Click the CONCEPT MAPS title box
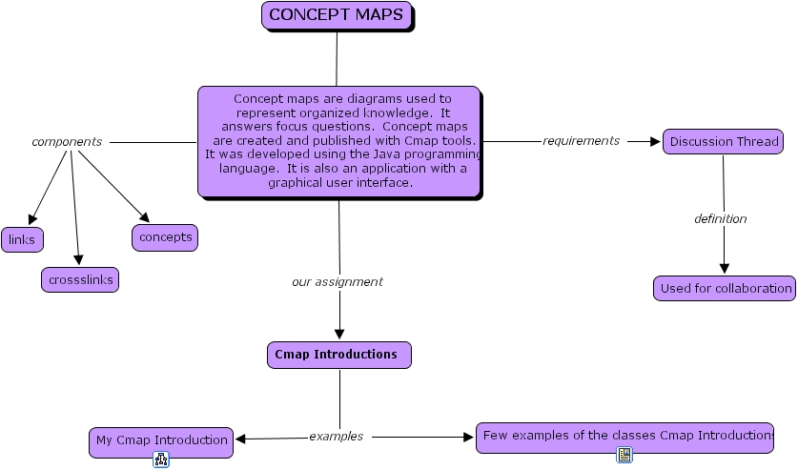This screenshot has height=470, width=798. [x=338, y=15]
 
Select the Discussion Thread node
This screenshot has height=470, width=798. [x=723, y=142]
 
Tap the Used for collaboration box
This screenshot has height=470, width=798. [x=725, y=288]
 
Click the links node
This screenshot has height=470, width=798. [x=22, y=239]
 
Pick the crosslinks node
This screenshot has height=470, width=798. [x=80, y=280]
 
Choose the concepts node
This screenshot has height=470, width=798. [x=165, y=237]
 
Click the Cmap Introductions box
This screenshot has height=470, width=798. [x=338, y=355]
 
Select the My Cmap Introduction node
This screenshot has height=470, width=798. [x=161, y=440]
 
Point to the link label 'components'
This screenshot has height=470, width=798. [x=67, y=142]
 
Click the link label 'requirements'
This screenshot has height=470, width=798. [x=581, y=141]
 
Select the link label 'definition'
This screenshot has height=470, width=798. [x=720, y=219]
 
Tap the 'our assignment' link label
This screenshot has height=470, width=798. [x=337, y=282]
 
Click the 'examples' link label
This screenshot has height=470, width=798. [x=336, y=437]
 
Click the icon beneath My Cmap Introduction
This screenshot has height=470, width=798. [x=160, y=460]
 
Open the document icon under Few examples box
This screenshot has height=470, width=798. [x=624, y=456]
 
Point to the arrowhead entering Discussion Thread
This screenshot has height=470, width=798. [x=655, y=142]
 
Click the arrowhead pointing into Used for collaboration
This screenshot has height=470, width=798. [x=724, y=269]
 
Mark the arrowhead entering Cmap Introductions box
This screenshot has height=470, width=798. [x=338, y=335]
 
